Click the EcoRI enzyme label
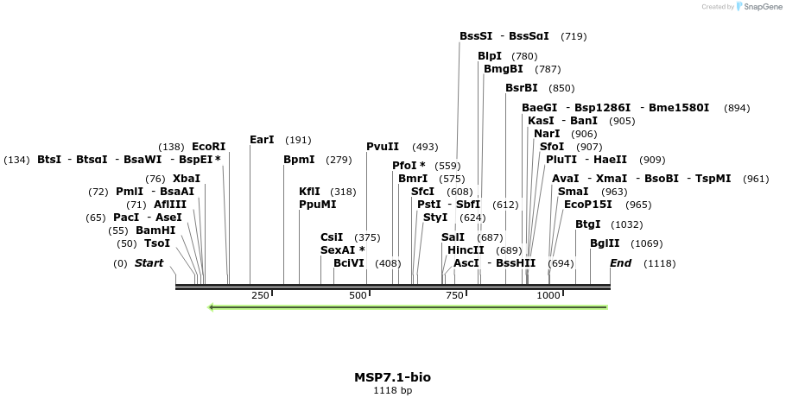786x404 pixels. pyautogui.click(x=208, y=147)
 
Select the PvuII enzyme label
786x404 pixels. pyautogui.click(x=383, y=147)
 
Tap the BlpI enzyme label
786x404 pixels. pyautogui.click(x=490, y=57)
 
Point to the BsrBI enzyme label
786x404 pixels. pyautogui.click(x=522, y=88)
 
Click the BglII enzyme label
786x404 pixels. pyautogui.click(x=605, y=243)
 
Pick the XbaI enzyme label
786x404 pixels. pyautogui.click(x=187, y=179)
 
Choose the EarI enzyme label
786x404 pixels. pyautogui.click(x=262, y=140)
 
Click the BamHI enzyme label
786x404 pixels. pyautogui.click(x=155, y=230)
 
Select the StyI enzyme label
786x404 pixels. pyautogui.click(x=435, y=218)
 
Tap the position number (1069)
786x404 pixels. pyautogui.click(x=647, y=243)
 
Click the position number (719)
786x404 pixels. pyautogui.click(x=574, y=36)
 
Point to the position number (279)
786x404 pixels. pyautogui.click(x=339, y=160)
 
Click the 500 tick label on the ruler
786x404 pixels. pyautogui.click(x=358, y=295)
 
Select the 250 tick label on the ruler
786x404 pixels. pyautogui.click(x=260, y=295)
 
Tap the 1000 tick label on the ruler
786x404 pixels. pyautogui.click(x=548, y=295)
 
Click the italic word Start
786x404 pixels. pyautogui.click(x=149, y=263)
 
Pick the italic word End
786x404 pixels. pyautogui.click(x=620, y=263)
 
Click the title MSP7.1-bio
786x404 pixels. pyautogui.click(x=392, y=377)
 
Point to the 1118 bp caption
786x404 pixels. pyautogui.click(x=392, y=391)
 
